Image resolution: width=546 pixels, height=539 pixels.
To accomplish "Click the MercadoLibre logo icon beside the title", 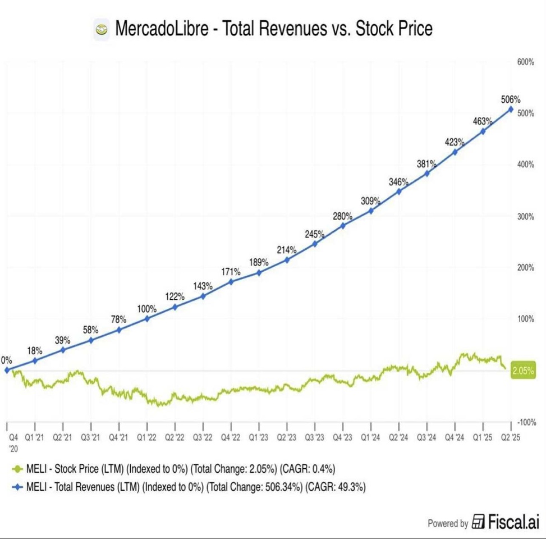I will point(102,29).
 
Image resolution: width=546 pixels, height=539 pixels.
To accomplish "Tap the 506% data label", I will point(511,99).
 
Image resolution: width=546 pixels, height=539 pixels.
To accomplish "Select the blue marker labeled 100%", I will point(147,318).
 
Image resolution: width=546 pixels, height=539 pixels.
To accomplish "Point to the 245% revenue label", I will point(315,234).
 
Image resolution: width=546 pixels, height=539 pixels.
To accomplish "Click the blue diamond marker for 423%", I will point(455,152).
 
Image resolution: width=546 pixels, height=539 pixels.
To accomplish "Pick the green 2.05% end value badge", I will point(523,371).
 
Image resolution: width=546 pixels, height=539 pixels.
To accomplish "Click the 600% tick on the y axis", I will point(525,62).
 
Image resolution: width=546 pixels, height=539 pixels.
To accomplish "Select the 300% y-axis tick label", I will point(525,217).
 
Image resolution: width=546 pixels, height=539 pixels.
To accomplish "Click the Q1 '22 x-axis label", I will point(147,437).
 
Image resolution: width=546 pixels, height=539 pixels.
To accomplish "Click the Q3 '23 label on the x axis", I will point(315,437).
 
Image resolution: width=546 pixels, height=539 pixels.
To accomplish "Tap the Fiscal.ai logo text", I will point(506,523).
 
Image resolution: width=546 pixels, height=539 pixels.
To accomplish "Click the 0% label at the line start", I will point(6,360).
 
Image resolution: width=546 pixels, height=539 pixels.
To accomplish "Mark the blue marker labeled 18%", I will point(35,360).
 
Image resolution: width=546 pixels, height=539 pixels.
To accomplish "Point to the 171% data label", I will point(231,272).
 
